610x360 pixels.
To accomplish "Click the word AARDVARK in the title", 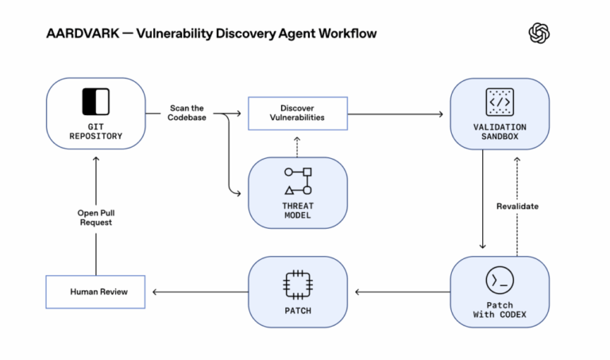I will tap(75, 33).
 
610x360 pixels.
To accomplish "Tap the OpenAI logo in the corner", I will tap(539, 33).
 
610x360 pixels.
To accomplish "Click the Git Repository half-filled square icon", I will tap(95, 102).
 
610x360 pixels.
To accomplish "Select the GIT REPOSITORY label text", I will tap(95, 130).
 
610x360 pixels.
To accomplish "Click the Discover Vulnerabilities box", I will tap(297, 113).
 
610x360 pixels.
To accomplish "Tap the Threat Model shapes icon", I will tap(298, 181).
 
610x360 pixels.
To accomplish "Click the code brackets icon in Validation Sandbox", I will tap(500, 101).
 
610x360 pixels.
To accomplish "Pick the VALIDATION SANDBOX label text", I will tap(500, 131).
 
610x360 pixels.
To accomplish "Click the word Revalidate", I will tap(517, 207).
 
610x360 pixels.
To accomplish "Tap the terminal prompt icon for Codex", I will tap(500, 280).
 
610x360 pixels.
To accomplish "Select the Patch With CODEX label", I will tap(500, 311).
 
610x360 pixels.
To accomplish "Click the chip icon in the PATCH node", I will tap(298, 283).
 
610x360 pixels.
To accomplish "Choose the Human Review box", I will tap(97, 292).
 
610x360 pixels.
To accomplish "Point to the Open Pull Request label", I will tap(95, 217).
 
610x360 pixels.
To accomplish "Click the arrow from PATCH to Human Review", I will tap(199, 292).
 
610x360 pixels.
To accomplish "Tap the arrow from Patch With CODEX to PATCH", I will tap(401, 292).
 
